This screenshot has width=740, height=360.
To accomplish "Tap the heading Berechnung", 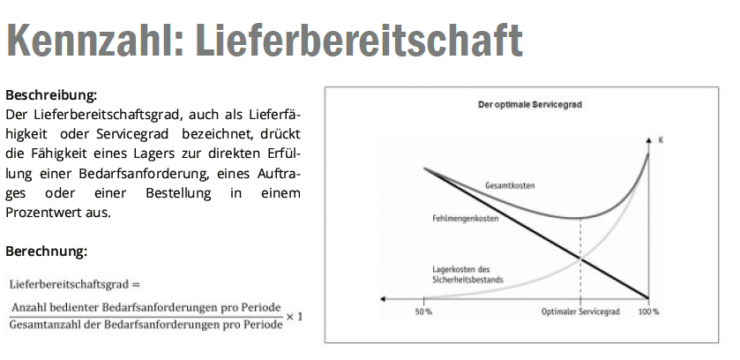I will (x=46, y=251).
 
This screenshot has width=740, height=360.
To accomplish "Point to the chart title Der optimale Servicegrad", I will (x=529, y=104).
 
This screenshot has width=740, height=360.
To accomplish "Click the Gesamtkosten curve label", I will (x=510, y=185).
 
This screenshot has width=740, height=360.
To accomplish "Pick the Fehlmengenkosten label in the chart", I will (x=458, y=217).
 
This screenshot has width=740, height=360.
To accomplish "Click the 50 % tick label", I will (x=423, y=311).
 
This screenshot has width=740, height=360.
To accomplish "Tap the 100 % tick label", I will (x=648, y=311).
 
